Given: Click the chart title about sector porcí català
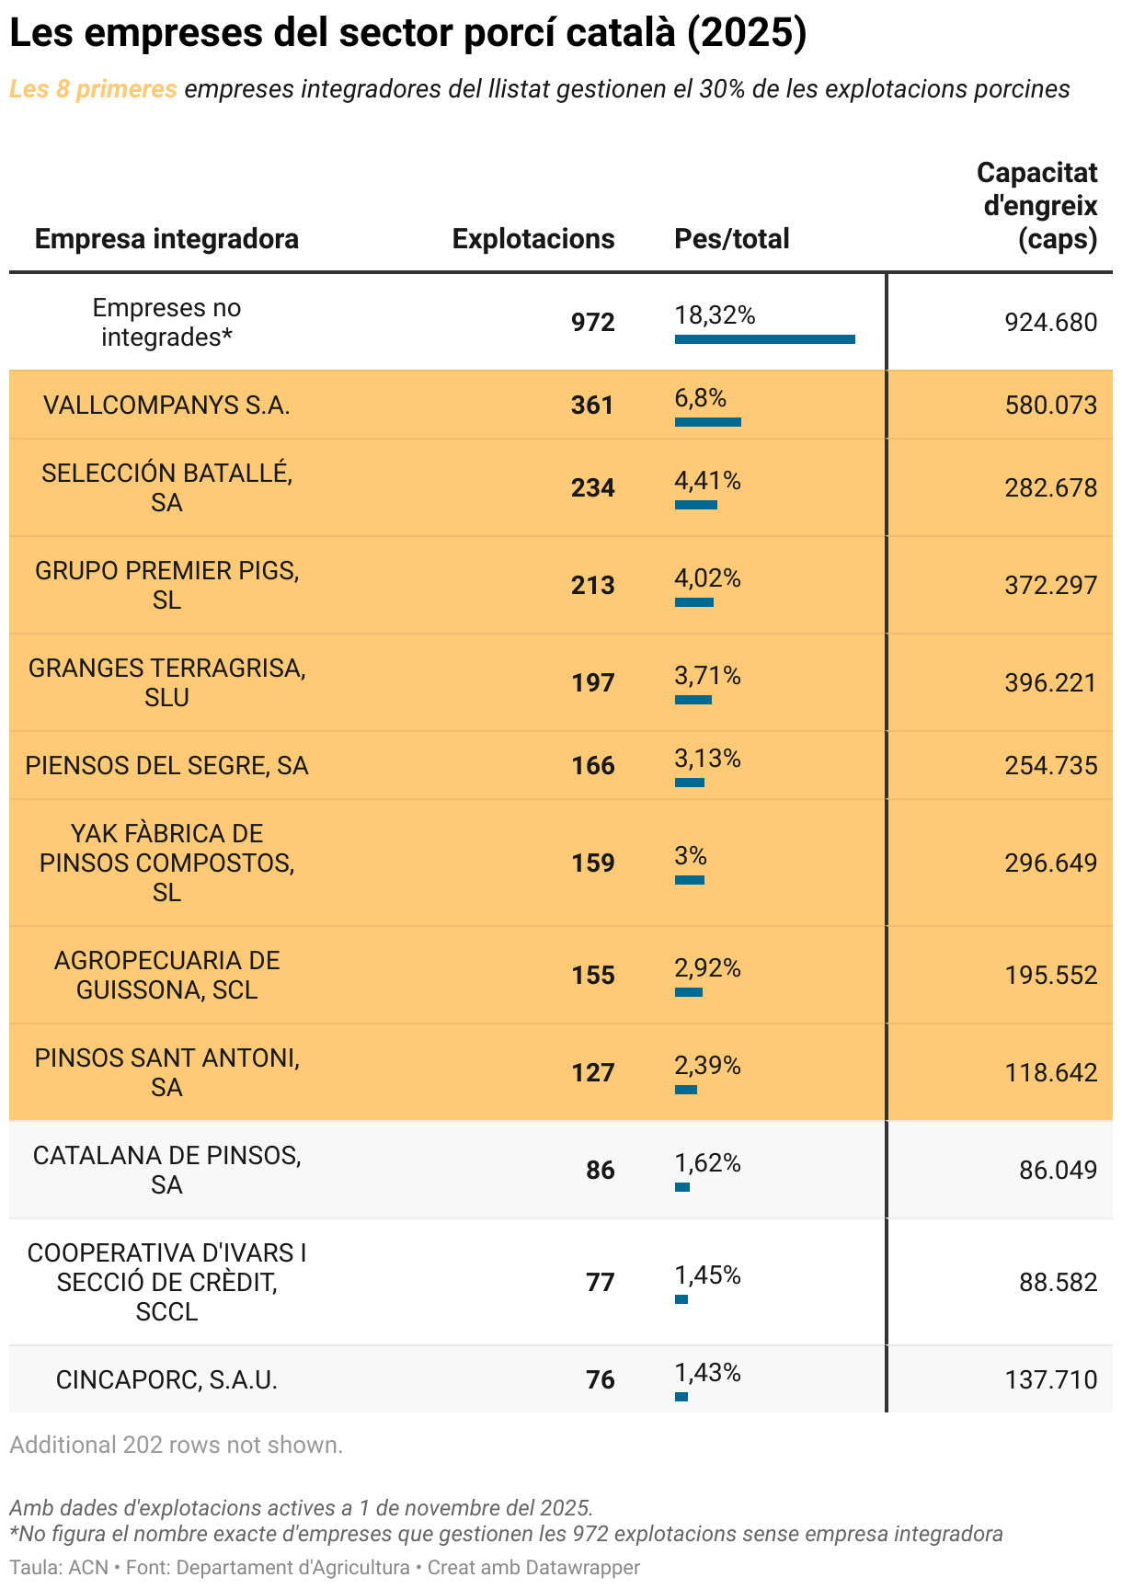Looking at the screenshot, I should (x=407, y=33).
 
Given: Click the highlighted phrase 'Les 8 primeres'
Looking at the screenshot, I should (x=93, y=89).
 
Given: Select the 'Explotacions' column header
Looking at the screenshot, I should (x=532, y=239).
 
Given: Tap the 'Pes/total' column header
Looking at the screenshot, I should (x=731, y=239).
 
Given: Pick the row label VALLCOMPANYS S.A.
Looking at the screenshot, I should (x=166, y=406).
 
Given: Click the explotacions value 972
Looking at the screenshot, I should (x=592, y=323).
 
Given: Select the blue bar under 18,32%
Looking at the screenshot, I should (x=764, y=339).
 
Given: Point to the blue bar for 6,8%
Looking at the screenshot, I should (x=707, y=422).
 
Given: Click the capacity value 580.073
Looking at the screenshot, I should (x=1050, y=406).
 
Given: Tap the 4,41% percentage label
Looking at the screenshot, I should (x=707, y=481).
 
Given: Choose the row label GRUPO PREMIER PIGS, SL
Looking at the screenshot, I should (x=166, y=585).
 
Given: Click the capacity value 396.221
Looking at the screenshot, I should (x=1050, y=683).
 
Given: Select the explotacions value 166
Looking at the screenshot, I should (x=592, y=766).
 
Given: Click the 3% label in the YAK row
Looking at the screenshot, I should (x=690, y=856).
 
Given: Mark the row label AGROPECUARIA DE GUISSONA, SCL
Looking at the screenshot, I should (x=166, y=975).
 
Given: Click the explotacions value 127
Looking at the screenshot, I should (x=592, y=1073).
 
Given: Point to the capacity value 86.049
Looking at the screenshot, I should (x=1058, y=1171).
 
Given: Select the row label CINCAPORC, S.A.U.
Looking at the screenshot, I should (x=166, y=1380).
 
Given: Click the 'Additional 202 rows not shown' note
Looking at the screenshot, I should (x=176, y=1446).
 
